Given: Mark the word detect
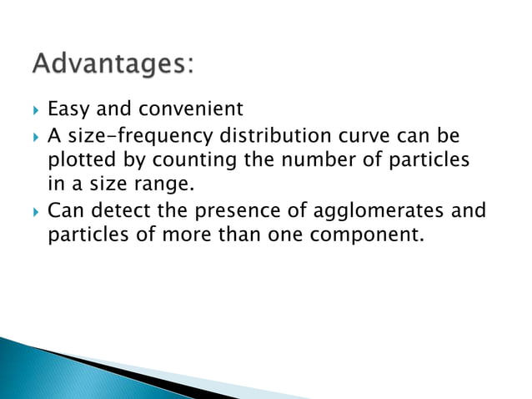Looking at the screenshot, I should pos(113,209).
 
